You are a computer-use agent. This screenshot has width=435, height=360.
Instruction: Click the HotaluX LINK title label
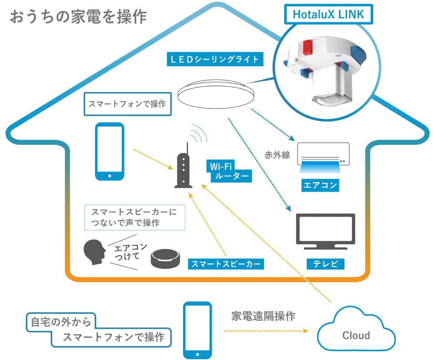[x=328, y=14]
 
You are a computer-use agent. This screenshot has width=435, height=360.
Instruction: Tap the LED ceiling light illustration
[x=216, y=95]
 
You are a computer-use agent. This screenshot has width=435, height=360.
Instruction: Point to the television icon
[x=325, y=231]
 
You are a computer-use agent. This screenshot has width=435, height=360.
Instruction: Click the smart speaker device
[x=165, y=259]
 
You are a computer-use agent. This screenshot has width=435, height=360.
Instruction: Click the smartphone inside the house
[x=110, y=151]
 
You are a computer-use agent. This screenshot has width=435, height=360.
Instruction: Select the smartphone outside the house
[x=197, y=330]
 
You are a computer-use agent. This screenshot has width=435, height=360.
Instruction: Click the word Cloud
[x=356, y=335]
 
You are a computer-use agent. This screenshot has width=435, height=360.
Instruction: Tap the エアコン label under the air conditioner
[x=320, y=185]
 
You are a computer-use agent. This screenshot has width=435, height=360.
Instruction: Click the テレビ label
[x=325, y=263]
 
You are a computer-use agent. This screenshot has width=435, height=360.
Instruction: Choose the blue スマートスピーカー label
[x=226, y=264]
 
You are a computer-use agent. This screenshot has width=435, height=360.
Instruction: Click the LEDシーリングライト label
[x=215, y=59]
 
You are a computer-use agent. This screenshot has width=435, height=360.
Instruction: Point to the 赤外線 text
[x=277, y=155]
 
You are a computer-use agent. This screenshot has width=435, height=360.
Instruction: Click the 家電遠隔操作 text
[x=263, y=316]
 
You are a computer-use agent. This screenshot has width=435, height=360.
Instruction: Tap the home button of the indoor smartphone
[x=110, y=176]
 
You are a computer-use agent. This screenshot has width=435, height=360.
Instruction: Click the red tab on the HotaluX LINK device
[x=307, y=47]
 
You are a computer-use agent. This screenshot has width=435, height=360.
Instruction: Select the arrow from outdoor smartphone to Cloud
[x=266, y=331]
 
